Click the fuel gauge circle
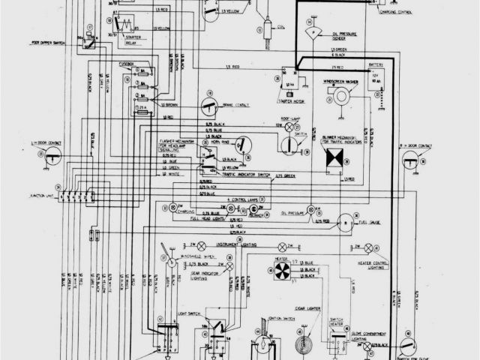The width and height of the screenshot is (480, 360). pyautogui.click(x=345, y=221)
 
